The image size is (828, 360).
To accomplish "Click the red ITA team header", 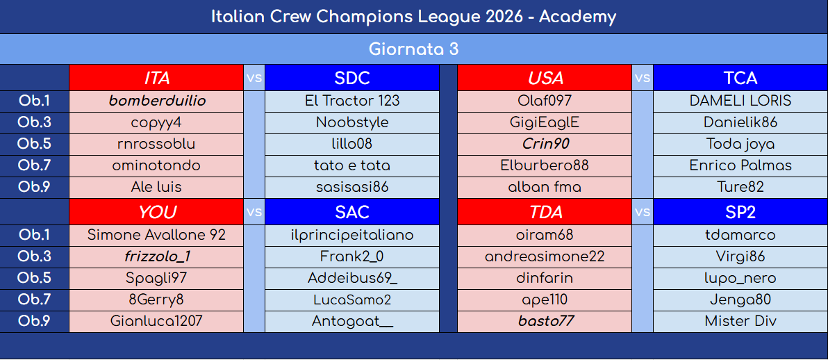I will click(156, 78).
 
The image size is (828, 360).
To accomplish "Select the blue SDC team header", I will click(351, 78).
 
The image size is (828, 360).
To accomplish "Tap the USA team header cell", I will click(545, 78).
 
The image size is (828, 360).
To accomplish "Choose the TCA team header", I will click(740, 78).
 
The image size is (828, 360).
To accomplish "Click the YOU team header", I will click(156, 212).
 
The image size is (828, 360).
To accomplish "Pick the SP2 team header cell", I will click(740, 212).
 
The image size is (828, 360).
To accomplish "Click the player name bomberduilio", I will click(157, 101).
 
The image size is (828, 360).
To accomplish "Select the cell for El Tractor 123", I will click(352, 101).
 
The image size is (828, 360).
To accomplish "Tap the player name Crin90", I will click(545, 144).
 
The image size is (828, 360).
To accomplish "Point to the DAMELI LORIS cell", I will click(740, 101).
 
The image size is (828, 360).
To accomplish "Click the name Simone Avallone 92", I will click(156, 235).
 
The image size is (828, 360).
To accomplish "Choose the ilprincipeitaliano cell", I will click(352, 235).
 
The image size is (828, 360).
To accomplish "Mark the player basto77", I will click(545, 321).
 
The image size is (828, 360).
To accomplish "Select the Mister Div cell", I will click(740, 321).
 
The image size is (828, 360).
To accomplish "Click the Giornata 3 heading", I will click(413, 49).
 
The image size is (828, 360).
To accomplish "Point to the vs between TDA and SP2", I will click(643, 212).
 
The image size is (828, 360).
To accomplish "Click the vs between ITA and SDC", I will click(254, 78).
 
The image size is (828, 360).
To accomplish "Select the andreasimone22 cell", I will click(545, 256).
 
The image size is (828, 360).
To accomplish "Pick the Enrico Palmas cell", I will click(740, 165).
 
